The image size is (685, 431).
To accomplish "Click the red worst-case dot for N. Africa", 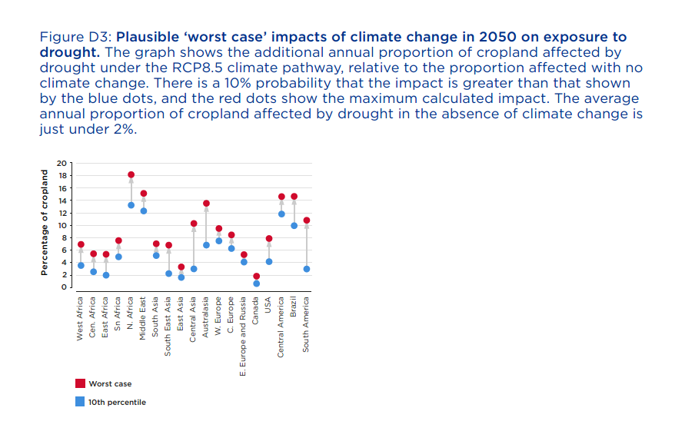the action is tap(131, 174).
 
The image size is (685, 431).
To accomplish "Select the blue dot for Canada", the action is tap(257, 283).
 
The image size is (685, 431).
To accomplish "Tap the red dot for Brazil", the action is tap(294, 197).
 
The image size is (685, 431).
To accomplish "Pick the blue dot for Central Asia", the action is tap(194, 269).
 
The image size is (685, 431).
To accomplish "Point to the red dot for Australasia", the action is tap(206, 204).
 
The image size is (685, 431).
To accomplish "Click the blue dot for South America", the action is tap(307, 269).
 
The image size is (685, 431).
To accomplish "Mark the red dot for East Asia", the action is tap(181, 267).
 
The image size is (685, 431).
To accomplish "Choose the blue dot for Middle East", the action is tap(144, 211).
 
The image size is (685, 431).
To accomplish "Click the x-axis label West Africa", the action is tap(80, 319).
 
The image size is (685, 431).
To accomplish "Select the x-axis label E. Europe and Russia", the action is tap(243, 337).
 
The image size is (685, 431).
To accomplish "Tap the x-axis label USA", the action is tap(268, 305).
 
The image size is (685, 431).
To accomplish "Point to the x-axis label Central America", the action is tap(281, 327).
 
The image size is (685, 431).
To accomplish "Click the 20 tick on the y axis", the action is tap(62, 164).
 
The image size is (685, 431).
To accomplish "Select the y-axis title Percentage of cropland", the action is tap(44, 223).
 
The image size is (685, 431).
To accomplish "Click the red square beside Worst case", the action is tap(80, 383).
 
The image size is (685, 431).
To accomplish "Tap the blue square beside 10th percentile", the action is tap(80, 402).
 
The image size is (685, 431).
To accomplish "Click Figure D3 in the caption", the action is tap(76, 37).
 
